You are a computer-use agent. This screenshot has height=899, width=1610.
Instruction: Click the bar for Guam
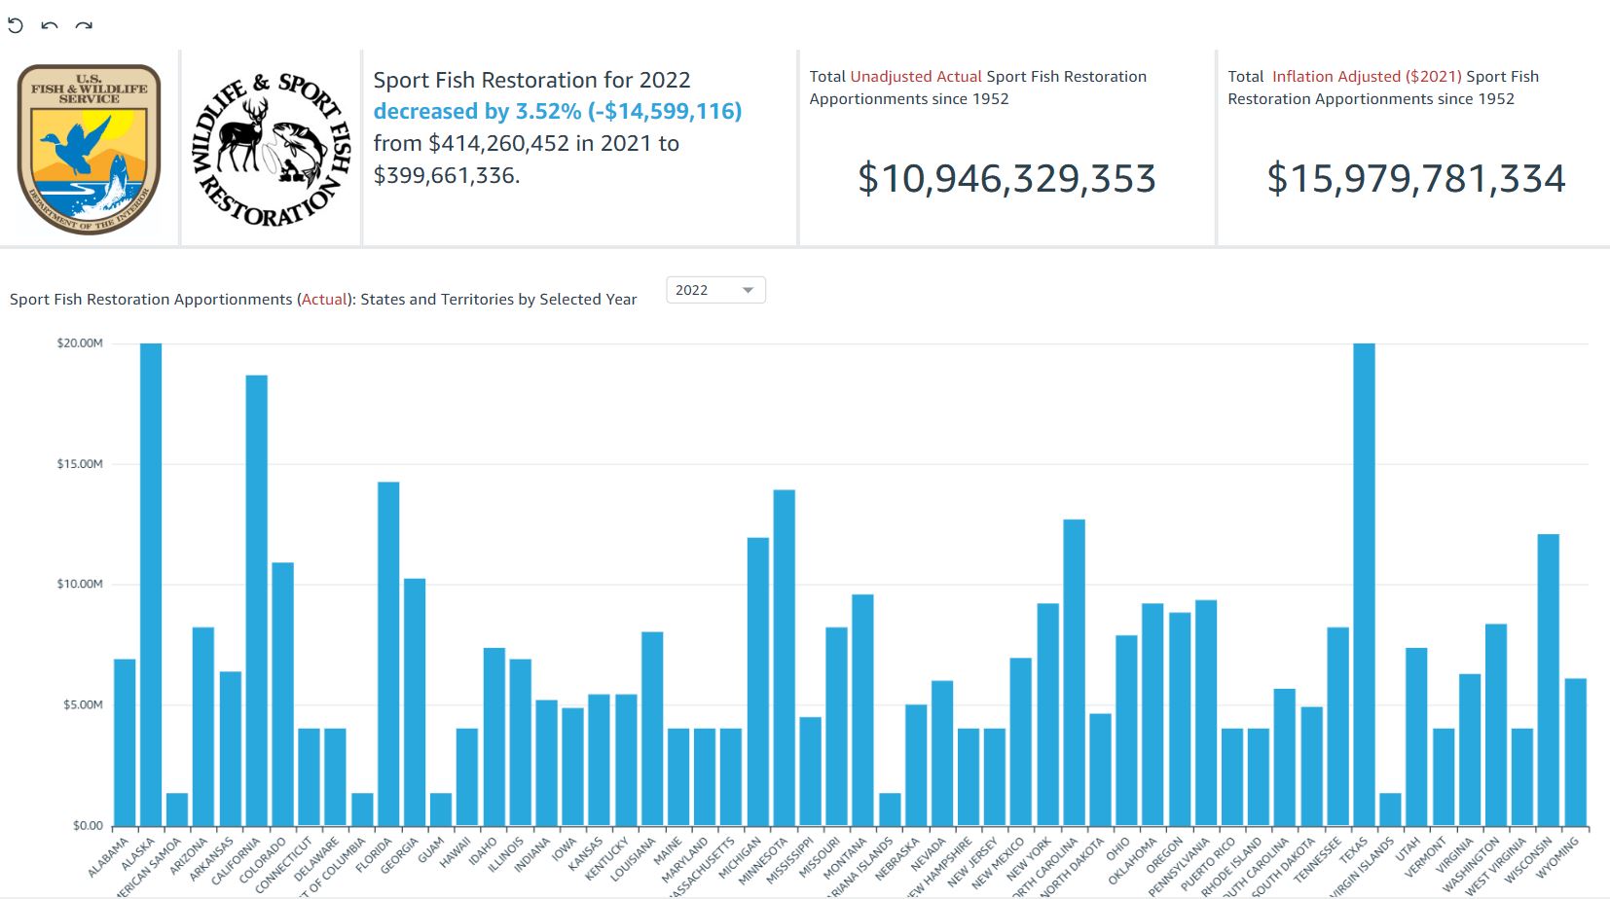click(x=441, y=809)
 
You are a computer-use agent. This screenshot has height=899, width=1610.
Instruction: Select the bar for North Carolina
click(x=1074, y=671)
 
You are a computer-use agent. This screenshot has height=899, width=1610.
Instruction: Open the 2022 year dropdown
click(x=715, y=290)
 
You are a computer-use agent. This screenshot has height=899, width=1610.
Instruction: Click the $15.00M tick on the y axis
click(x=80, y=464)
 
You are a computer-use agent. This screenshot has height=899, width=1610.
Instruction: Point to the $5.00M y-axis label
click(x=83, y=704)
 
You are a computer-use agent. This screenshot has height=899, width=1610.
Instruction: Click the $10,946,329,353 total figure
click(x=1006, y=179)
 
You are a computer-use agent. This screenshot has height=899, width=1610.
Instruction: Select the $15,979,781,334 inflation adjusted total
click(x=1415, y=179)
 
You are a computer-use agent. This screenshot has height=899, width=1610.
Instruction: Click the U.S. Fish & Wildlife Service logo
click(x=89, y=149)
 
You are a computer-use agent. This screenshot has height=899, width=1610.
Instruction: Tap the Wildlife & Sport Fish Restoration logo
click(x=271, y=149)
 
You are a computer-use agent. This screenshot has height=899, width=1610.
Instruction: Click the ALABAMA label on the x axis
click(x=109, y=857)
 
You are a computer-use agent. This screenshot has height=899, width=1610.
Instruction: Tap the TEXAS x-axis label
click(x=1354, y=851)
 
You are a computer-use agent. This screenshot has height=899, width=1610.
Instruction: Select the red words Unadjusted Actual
click(x=915, y=76)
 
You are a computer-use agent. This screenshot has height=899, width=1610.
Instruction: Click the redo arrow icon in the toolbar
click(x=85, y=26)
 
